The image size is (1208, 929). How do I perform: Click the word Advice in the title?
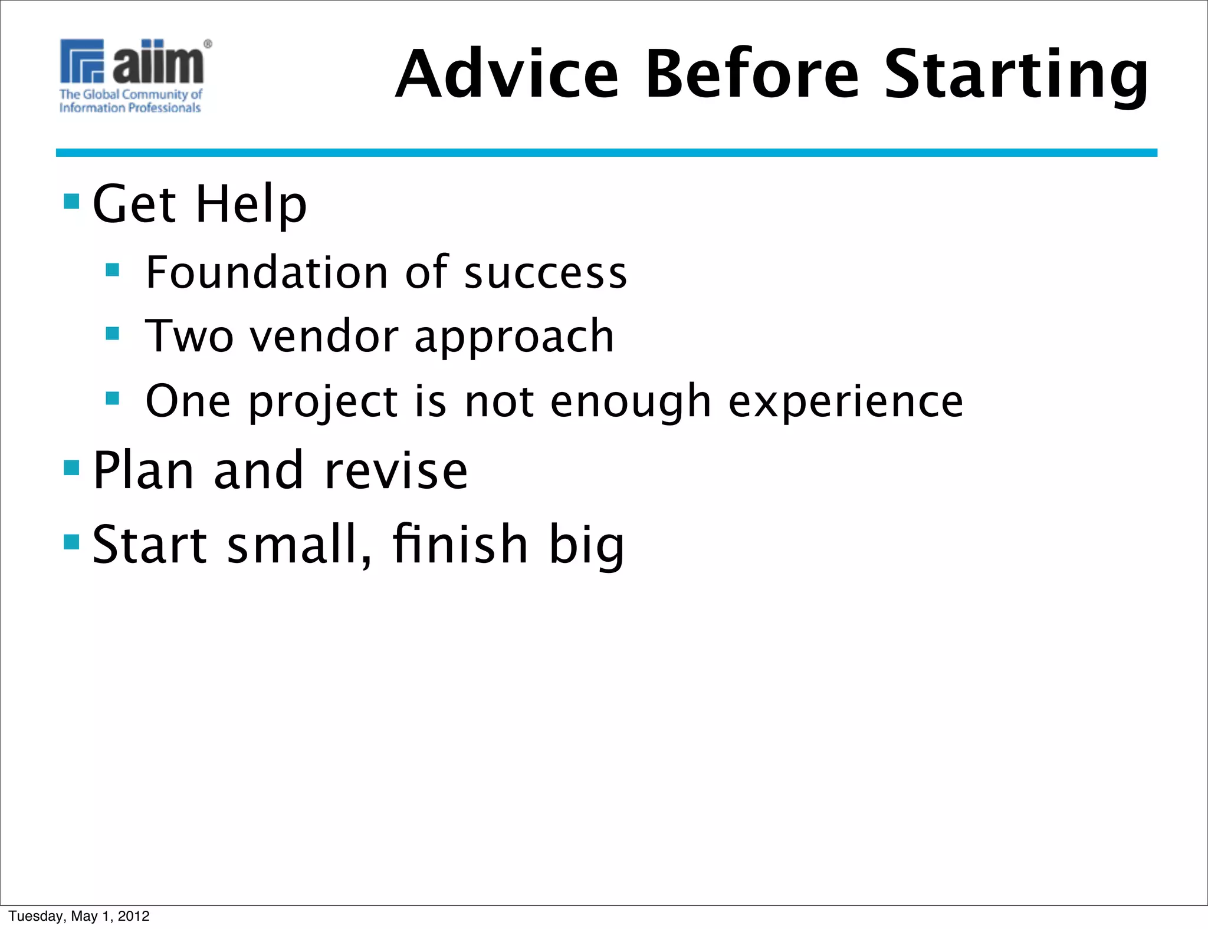(x=507, y=74)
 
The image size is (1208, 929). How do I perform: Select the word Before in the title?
(x=752, y=74)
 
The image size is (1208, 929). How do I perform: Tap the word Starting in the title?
(x=1016, y=75)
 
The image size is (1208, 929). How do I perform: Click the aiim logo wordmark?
(x=158, y=62)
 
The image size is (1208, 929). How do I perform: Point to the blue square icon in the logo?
(x=82, y=61)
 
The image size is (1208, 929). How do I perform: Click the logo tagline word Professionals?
(x=165, y=108)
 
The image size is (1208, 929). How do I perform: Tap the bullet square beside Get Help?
(x=71, y=202)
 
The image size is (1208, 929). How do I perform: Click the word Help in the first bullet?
(x=251, y=204)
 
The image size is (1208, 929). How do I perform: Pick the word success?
(x=546, y=274)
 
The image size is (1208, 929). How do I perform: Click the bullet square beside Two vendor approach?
(x=112, y=334)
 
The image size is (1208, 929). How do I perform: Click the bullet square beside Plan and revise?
(x=71, y=468)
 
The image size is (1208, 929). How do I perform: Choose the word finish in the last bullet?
(x=460, y=543)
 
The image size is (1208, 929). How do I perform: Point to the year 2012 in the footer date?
(x=134, y=916)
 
